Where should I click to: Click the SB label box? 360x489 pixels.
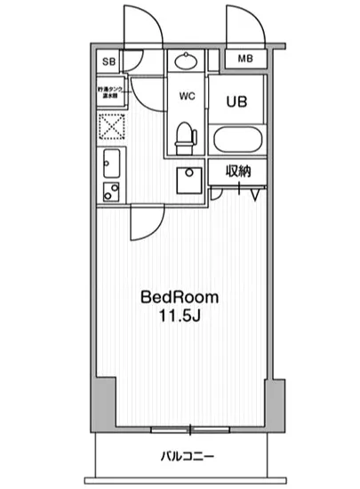[108, 61]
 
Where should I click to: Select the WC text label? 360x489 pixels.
[188, 93]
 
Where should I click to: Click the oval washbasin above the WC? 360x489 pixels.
[187, 61]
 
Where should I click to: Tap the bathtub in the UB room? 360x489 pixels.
[236, 140]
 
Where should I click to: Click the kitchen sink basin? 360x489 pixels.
[112, 164]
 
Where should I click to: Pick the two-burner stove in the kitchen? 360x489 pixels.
[112, 190]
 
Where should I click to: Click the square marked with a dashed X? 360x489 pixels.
[111, 127]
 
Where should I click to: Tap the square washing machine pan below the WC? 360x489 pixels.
[188, 180]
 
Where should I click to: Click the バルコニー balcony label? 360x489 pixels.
[184, 459]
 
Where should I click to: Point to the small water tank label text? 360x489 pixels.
[111, 92]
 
